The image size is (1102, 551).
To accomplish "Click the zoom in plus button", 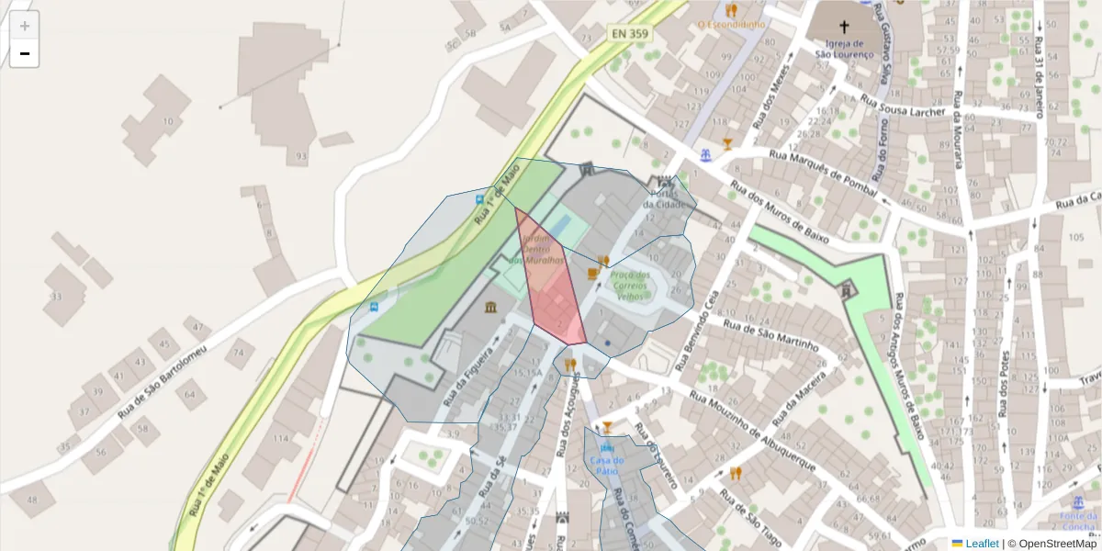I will (x=25, y=26).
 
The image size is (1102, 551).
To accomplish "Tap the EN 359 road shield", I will (x=631, y=33).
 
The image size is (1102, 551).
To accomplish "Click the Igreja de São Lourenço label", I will (x=845, y=48).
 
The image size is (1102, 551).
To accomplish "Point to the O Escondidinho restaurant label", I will (x=732, y=25).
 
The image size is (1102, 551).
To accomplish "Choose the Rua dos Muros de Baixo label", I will (x=779, y=211).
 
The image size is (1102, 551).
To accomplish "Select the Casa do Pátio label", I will (x=607, y=465).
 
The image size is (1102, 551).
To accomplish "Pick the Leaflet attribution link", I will (x=982, y=544).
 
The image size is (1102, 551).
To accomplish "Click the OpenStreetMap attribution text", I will (x=1051, y=544).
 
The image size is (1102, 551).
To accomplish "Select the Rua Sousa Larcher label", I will (x=904, y=106).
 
